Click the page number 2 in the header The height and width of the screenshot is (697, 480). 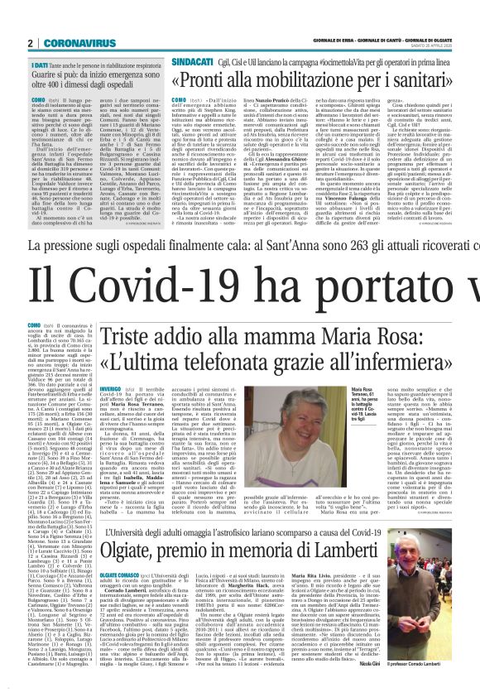pyautogui.click(x=30, y=43)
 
